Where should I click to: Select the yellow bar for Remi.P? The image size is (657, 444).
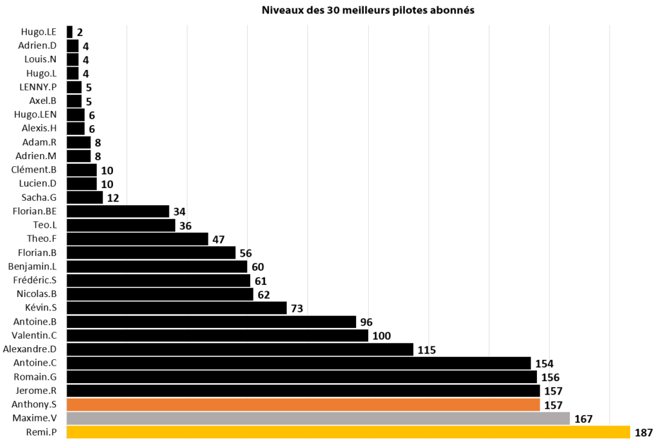348,432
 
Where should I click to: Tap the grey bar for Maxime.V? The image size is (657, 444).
318,418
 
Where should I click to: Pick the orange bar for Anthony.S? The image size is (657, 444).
303,405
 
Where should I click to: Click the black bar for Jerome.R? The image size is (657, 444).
303,391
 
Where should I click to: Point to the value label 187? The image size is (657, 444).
644,432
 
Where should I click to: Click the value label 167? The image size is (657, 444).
583,418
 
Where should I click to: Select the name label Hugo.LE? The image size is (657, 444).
38,31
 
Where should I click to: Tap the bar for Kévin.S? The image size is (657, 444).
176,308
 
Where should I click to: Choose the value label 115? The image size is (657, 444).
426,350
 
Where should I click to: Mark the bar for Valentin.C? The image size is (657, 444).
218,336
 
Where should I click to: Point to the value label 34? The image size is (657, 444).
179,211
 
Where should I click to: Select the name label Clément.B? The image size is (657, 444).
34,169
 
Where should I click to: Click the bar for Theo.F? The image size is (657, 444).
137,239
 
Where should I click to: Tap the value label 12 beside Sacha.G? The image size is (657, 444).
113,198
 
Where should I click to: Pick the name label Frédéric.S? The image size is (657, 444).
35,280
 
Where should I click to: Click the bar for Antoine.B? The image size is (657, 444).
211,321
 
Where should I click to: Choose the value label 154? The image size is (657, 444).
544,363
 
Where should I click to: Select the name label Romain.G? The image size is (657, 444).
35,377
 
